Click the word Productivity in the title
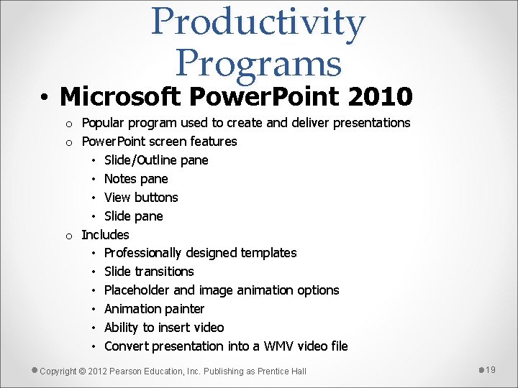258,23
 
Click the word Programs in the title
258,63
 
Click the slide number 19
491,369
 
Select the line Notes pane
136,178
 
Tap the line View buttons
141,197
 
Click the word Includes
105,234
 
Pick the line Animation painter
154,309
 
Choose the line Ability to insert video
164,328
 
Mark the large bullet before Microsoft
45,96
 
